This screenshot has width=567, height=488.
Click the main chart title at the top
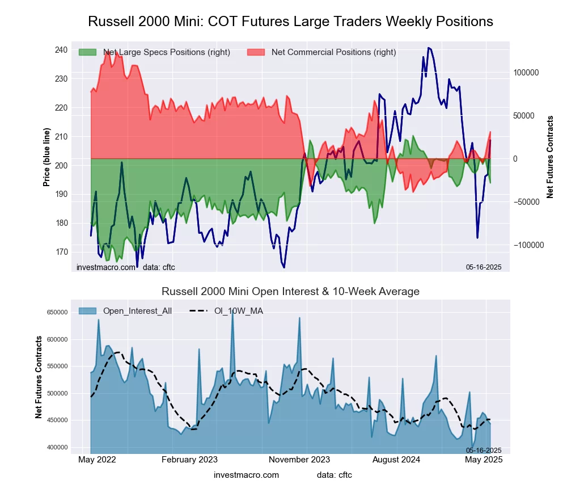pos(290,22)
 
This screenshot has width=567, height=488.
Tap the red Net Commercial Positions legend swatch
pos(256,52)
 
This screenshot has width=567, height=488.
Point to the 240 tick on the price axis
pos(61,50)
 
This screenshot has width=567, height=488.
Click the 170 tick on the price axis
pos(61,252)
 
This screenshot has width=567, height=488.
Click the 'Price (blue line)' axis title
pos(46,158)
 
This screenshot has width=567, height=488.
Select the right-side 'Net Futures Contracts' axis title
pos(549,157)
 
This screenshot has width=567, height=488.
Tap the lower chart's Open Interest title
pos(290,292)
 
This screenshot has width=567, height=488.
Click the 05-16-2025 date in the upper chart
pos(484,267)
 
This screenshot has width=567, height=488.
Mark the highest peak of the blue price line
pos(429,48)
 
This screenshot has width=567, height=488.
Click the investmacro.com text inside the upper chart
pos(106,267)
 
